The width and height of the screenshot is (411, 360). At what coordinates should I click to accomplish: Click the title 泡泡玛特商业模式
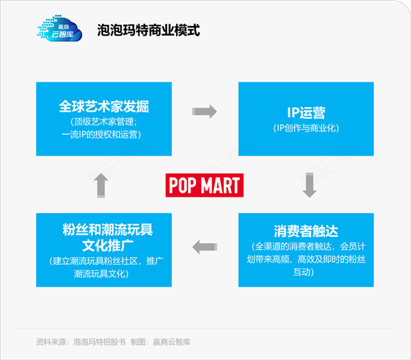149,30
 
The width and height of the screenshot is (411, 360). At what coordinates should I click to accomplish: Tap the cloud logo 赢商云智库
60,28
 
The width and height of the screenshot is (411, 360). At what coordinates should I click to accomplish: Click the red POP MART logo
204,185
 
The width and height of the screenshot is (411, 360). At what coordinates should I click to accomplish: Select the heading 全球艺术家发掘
104,106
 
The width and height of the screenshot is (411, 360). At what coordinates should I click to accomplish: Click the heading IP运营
306,113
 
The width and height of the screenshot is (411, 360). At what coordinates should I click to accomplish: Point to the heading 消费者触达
306,231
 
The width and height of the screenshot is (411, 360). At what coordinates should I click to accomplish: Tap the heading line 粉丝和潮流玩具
108,230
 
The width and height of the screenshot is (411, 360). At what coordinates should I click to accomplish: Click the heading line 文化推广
108,245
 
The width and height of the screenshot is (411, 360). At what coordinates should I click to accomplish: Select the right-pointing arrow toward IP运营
204,112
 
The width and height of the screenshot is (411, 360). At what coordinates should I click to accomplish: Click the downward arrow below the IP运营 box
310,185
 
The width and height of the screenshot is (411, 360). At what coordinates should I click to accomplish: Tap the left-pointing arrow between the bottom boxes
205,247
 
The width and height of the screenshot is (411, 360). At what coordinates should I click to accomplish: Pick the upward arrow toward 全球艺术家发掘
101,186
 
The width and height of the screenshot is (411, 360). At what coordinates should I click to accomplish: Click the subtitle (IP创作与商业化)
306,128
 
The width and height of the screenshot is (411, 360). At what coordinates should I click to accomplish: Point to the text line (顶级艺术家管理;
104,122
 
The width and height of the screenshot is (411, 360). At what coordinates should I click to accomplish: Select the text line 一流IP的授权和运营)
101,134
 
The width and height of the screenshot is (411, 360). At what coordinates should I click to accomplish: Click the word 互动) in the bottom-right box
303,272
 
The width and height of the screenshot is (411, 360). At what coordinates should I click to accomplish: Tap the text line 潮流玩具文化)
101,274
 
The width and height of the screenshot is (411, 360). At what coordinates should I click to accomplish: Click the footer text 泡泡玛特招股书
99,342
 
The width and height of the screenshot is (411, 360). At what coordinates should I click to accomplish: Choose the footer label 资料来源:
53,342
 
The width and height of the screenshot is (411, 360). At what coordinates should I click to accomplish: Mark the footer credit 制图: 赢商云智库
160,342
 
